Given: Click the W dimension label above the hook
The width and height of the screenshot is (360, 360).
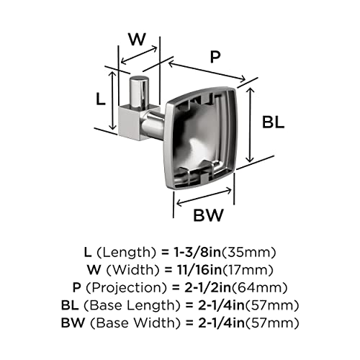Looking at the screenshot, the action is click(137, 39).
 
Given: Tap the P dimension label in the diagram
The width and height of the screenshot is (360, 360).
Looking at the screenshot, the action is click(215, 57).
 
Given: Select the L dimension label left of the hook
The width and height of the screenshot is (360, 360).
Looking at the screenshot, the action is click(101, 99).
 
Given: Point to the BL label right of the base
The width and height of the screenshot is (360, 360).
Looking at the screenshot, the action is click(273, 122).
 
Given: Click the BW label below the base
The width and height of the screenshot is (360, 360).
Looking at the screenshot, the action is click(208, 215).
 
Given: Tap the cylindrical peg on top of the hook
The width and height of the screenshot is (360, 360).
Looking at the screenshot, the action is click(139, 92).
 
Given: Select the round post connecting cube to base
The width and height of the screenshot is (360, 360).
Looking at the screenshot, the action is click(153, 124).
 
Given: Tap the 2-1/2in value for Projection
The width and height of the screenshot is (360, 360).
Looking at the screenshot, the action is click(207, 287).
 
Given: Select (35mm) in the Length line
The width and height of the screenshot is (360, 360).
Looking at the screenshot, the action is click(248, 252).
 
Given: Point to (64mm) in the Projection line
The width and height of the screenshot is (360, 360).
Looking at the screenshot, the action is click(259, 287).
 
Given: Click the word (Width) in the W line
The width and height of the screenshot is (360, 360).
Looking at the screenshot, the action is click(132, 270).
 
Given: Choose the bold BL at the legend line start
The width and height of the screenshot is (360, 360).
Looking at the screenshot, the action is click(70, 305).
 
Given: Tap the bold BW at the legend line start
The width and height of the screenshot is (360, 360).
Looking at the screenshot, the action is click(73, 323).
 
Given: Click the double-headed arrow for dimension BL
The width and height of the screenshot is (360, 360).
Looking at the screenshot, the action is click(250, 125).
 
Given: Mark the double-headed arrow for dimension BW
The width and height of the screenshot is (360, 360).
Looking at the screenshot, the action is click(204, 197).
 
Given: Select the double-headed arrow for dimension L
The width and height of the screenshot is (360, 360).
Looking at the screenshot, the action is click(112, 100).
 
